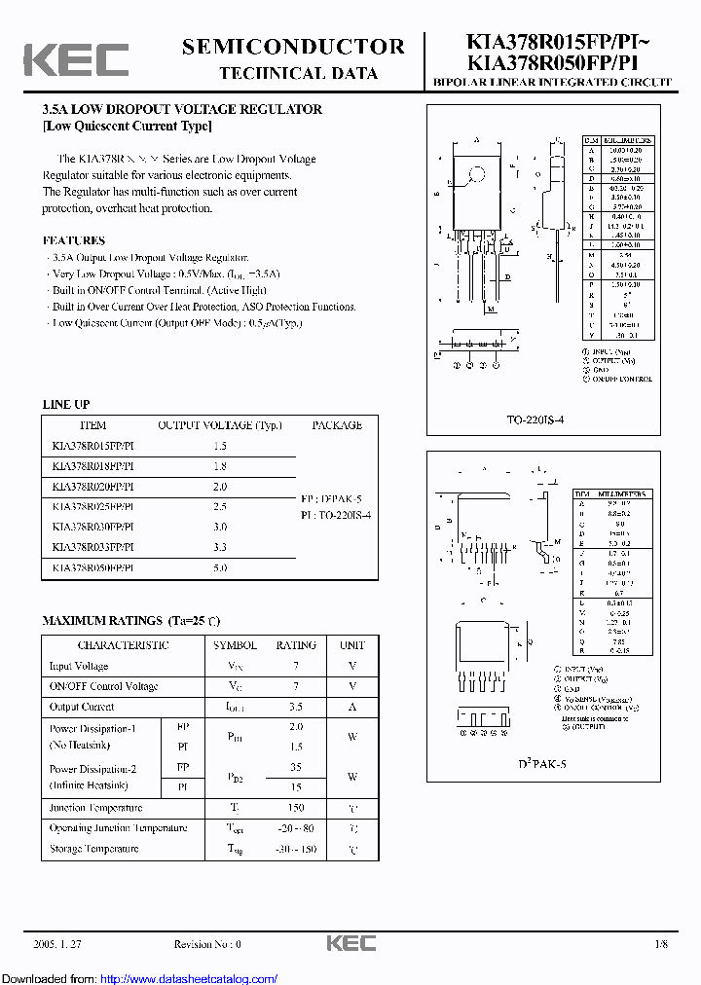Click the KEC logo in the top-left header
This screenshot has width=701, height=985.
[76, 60]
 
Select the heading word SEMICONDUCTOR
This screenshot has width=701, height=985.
[293, 47]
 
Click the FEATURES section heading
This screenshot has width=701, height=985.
[74, 240]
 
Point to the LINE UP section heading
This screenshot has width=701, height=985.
[66, 404]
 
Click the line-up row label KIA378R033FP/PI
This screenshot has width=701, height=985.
[92, 547]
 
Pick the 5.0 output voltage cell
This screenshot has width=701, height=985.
[220, 567]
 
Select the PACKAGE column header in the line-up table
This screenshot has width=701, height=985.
[337, 425]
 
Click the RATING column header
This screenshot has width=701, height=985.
[296, 645]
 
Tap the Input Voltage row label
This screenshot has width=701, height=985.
[79, 667]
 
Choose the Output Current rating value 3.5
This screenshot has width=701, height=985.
[296, 708]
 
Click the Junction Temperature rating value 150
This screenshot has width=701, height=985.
[296, 808]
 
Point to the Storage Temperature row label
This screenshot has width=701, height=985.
[94, 849]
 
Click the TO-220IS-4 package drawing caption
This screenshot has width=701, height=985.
[535, 420]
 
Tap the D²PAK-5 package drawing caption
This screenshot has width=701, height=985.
[542, 764]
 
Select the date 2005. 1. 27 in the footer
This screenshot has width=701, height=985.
[58, 944]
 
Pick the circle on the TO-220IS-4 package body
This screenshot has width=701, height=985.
[477, 176]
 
